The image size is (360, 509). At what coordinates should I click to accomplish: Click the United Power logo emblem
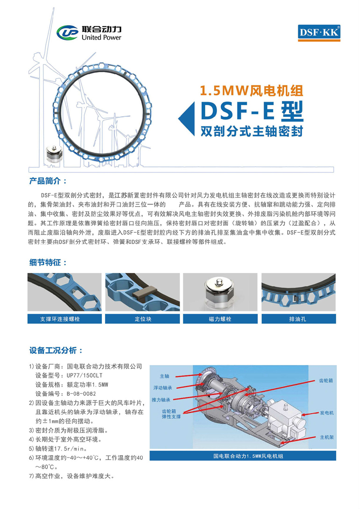[67, 32]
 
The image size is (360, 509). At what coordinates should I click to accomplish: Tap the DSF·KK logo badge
[319, 33]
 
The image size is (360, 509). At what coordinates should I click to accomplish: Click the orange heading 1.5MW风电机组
[251, 91]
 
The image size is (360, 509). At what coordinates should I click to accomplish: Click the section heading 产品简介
[48, 181]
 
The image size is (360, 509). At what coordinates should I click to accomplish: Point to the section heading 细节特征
[48, 262]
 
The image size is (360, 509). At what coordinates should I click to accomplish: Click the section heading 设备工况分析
[56, 351]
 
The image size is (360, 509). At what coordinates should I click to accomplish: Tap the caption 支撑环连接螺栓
[60, 319]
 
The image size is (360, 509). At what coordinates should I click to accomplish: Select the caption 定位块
[143, 319]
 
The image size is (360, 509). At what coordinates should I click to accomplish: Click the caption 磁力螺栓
[220, 319]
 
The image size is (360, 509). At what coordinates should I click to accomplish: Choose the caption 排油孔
[298, 319]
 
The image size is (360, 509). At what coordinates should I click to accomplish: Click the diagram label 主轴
[164, 376]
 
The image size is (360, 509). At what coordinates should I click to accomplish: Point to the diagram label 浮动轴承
[163, 388]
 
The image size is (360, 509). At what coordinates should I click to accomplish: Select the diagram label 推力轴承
[161, 400]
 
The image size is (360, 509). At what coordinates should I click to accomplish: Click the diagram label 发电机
[326, 413]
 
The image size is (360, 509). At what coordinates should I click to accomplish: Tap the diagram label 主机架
[326, 437]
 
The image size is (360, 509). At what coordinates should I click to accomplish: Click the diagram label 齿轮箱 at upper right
[326, 380]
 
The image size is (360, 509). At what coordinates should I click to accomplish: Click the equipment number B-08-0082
[81, 394]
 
